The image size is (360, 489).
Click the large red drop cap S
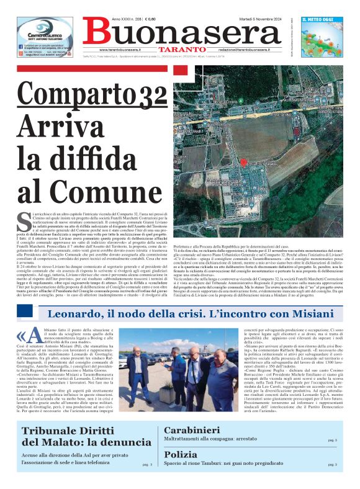pos(24,219)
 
